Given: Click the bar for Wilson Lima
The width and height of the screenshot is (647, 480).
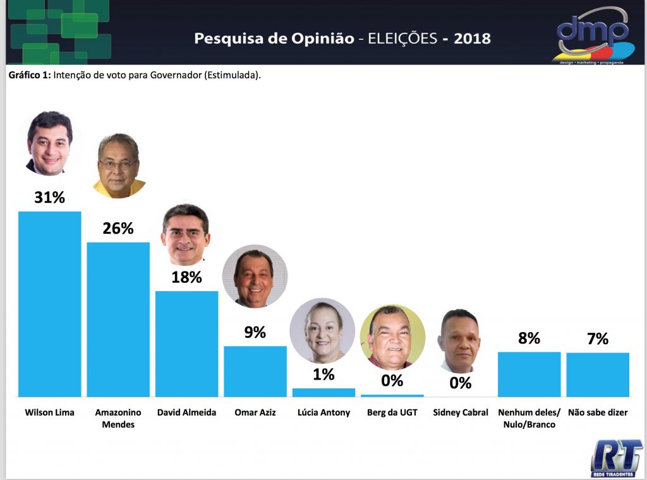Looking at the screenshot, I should pos(50,304).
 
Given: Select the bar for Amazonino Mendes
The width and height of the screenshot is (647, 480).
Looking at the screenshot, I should pos(118,319).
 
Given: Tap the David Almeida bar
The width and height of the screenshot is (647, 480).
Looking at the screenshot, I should pos(186,344).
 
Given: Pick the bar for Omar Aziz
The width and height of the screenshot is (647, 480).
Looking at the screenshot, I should pos(255,371).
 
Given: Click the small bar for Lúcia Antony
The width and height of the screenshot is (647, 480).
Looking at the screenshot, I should pos(323,392).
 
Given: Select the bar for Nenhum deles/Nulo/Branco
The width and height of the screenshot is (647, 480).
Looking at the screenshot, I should pos(529,374).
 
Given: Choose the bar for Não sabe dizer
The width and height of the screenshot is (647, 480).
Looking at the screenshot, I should pos(598,375).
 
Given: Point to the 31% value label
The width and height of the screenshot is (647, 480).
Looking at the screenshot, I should pos(50,198).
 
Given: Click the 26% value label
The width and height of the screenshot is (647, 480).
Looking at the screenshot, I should pos(118,229).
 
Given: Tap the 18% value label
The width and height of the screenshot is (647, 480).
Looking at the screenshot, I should pos(186,277).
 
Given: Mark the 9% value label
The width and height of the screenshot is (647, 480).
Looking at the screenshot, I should pos(255,332).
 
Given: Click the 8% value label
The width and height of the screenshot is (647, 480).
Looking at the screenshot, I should pos(529,339).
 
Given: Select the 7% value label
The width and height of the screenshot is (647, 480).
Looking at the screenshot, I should pos(598,339).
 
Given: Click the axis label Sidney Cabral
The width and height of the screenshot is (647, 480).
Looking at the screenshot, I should pos(461,412).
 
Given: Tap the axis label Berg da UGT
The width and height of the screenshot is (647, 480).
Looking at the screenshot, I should pos(392,412).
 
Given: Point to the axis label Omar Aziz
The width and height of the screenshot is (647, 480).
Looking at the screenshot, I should pos(255,412).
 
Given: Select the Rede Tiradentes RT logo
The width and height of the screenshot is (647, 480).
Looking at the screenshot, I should pos(616,457).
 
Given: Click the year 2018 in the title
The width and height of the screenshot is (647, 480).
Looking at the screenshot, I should pos(471,39).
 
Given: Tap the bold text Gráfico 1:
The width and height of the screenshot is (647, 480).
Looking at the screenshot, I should pos(30,75).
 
